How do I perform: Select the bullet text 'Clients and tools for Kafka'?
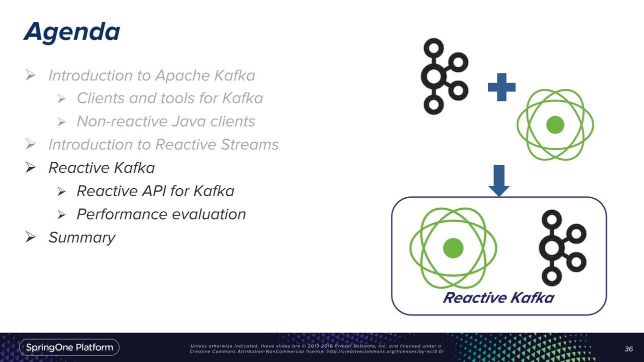tap(170, 98)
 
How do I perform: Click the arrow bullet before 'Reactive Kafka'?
tap(30, 167)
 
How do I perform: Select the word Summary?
tap(82, 238)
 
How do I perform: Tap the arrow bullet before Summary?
tap(30, 237)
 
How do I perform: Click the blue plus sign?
tap(501, 87)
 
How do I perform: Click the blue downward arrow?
tap(499, 181)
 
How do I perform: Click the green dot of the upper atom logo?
tap(555, 125)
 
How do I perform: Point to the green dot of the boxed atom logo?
tap(453, 248)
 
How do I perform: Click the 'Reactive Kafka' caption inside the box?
tap(498, 298)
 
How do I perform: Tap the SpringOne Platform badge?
tap(69, 348)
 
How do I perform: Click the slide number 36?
tap(629, 349)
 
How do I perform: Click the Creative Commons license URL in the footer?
tap(385, 352)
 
